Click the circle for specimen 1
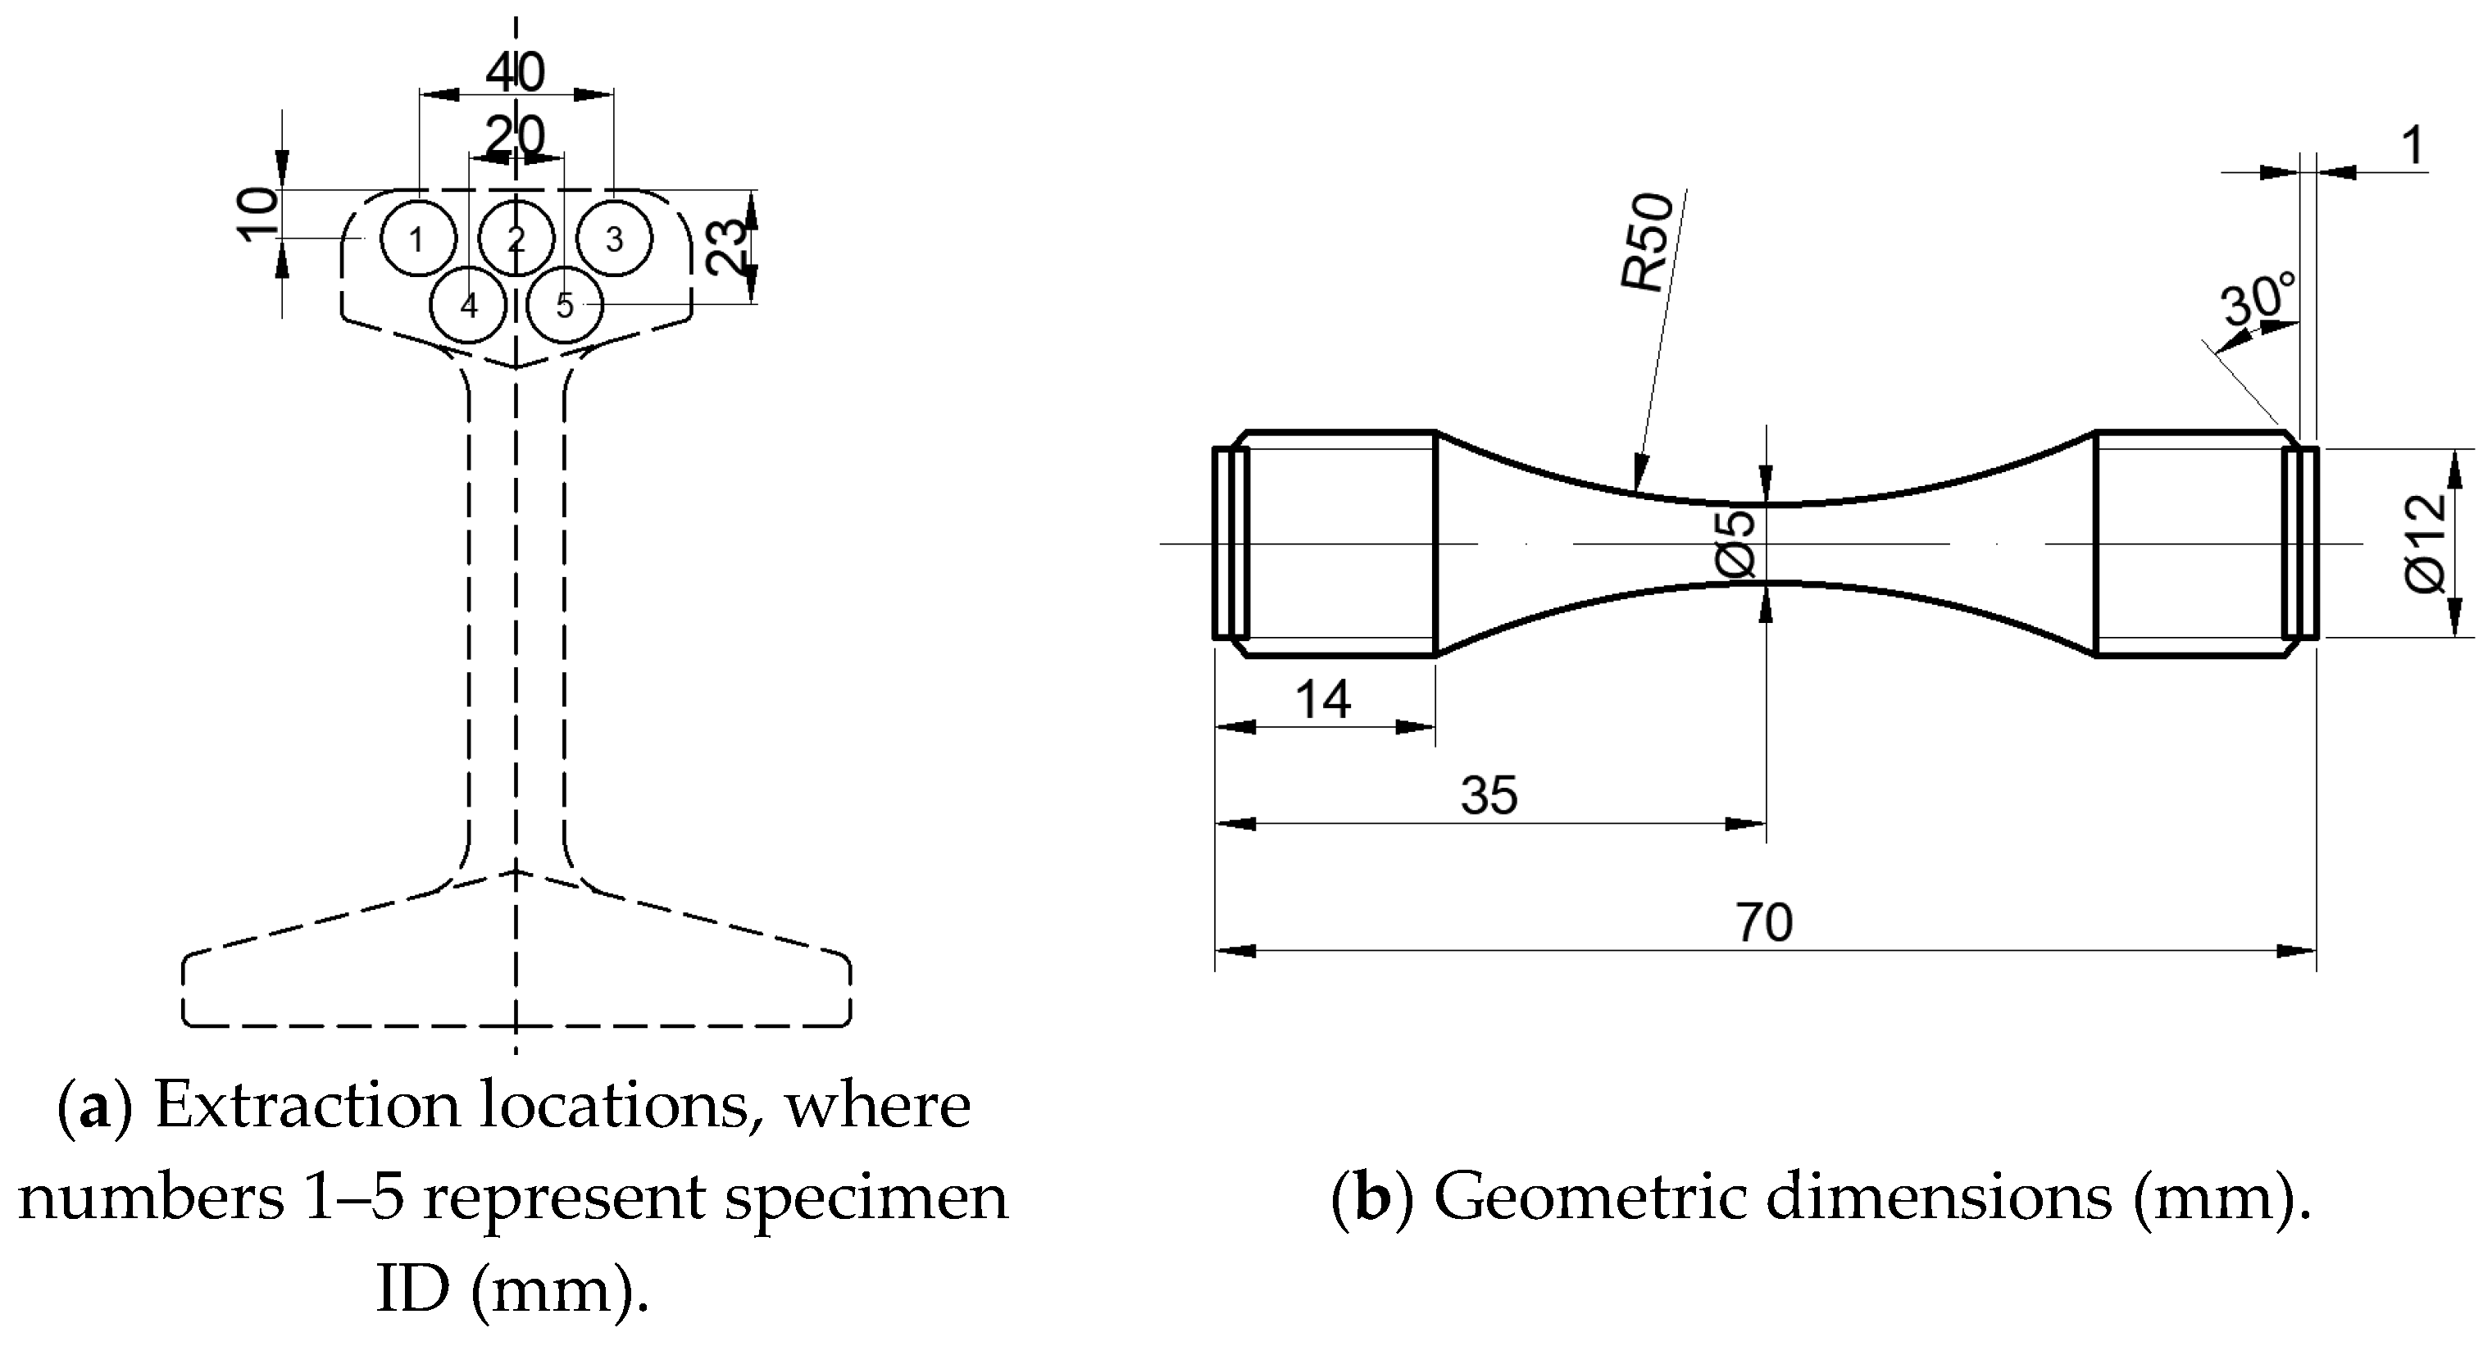tap(417, 239)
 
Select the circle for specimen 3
tap(614, 239)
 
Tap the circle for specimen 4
tap(468, 306)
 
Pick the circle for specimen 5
tap(565, 306)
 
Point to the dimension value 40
tap(516, 73)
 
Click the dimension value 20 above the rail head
tap(516, 136)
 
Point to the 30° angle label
tap(2259, 301)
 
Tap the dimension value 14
tap(1322, 698)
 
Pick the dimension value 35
tap(1489, 795)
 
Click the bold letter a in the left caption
tap(93, 1105)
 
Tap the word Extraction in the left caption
tap(307, 1105)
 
